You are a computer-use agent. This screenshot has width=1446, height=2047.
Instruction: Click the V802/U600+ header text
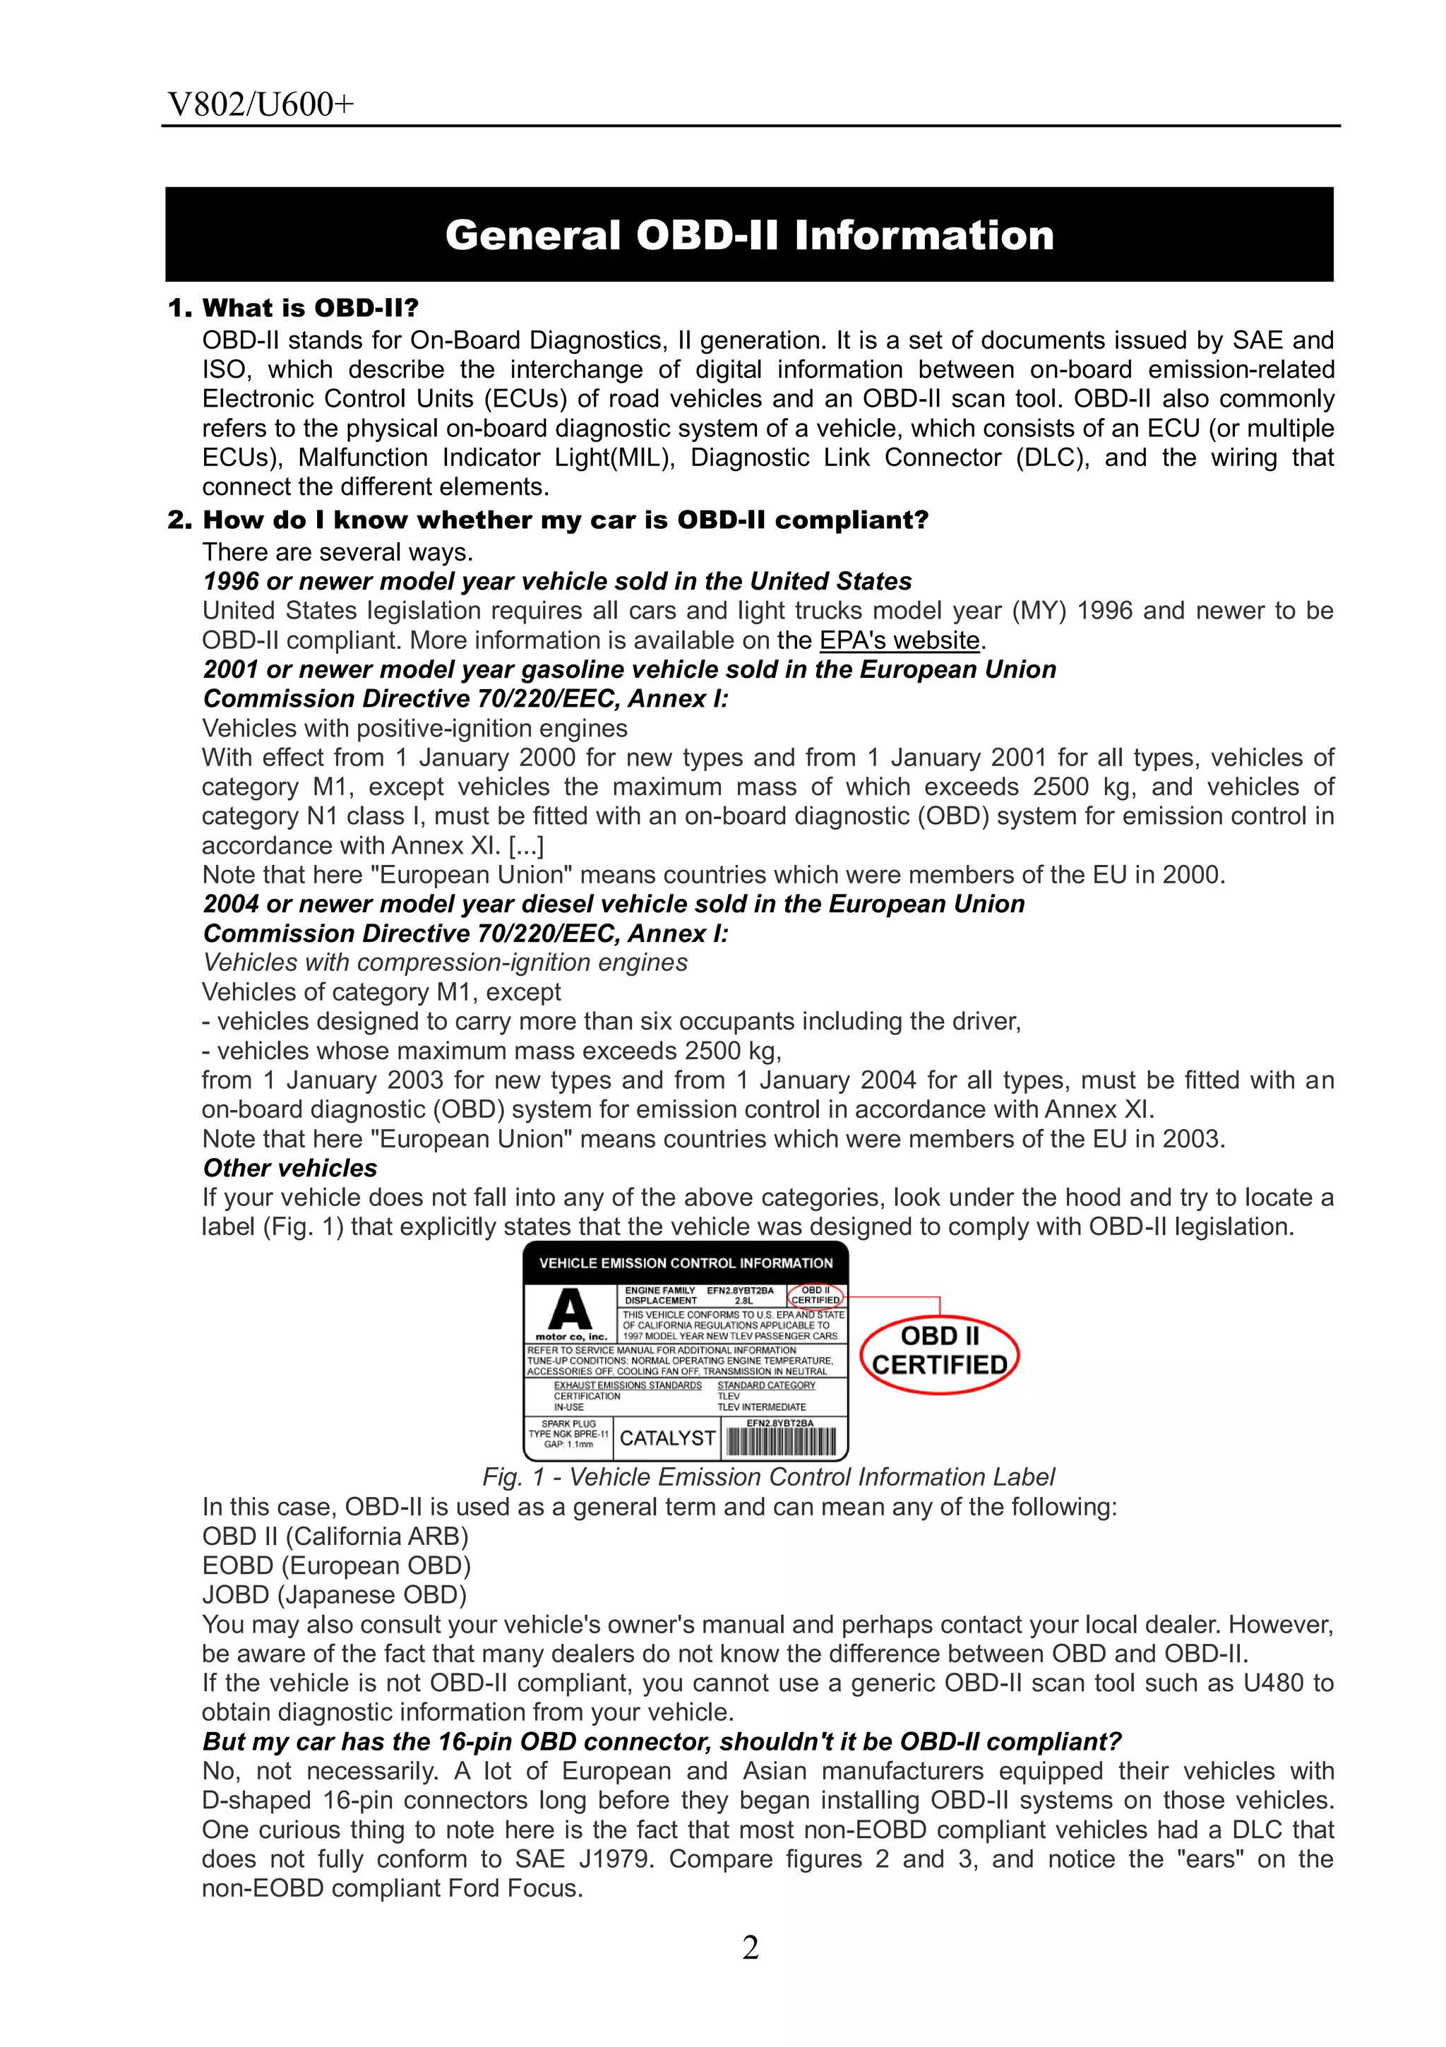(261, 105)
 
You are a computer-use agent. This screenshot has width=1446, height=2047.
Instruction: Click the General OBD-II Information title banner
(749, 234)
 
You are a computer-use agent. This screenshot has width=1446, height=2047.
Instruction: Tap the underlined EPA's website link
(900, 640)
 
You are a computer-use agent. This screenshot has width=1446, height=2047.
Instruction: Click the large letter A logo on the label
(570, 1310)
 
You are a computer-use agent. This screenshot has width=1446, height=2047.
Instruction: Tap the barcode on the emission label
(781, 1442)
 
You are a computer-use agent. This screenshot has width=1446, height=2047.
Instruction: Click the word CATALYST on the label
(667, 1438)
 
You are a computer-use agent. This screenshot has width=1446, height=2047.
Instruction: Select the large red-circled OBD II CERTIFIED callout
(940, 1351)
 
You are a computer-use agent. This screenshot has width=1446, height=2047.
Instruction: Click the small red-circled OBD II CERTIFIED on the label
(815, 1296)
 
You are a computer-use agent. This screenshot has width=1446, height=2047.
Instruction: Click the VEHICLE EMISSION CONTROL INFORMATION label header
(686, 1263)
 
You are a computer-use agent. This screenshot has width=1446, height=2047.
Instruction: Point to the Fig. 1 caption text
(767, 1477)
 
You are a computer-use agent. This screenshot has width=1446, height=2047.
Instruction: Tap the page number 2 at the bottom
(751, 1948)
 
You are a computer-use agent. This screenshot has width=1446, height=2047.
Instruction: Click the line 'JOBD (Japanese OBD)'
(334, 1594)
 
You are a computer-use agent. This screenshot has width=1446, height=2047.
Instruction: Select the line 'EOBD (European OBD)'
(336, 1565)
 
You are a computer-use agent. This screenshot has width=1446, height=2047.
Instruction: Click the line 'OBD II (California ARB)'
(335, 1536)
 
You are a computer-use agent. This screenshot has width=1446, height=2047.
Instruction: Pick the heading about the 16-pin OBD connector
(662, 1741)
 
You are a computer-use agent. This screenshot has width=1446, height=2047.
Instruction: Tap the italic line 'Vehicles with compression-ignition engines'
(445, 963)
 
